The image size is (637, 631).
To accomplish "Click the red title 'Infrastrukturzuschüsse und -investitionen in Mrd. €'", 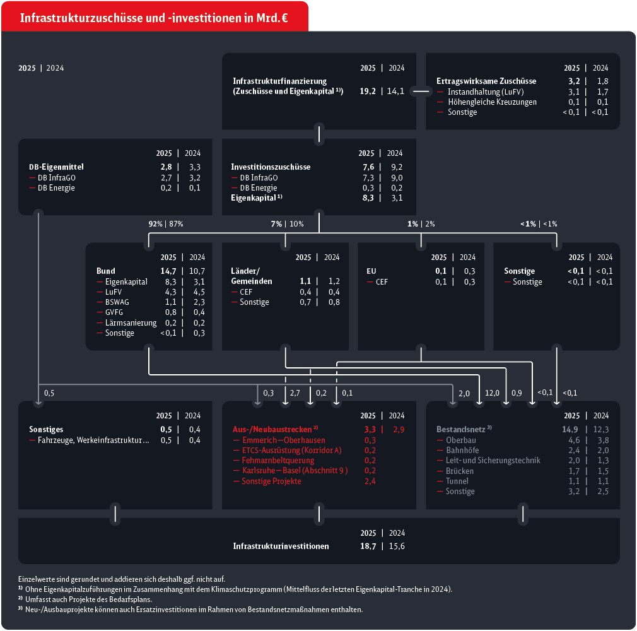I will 155,18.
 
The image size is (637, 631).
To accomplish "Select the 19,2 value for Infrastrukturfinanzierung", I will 368,91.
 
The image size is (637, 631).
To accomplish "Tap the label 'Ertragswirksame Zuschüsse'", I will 486,81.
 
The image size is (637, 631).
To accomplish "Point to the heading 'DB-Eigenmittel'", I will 56,167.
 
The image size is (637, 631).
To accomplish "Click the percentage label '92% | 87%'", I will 166,223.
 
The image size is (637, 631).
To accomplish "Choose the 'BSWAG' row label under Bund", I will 118,302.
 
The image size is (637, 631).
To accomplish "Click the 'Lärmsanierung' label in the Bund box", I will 131,322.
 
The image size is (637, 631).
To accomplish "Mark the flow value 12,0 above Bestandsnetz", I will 493,393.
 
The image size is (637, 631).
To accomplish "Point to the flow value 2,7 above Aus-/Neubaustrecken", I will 295,393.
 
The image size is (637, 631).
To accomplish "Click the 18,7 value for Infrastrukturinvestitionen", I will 368,546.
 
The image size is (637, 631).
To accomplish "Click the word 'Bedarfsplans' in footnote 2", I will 115,599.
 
